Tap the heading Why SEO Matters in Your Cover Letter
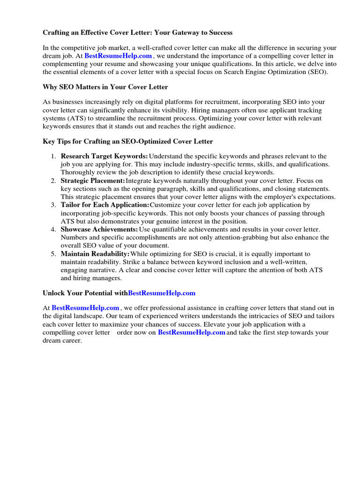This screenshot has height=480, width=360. tap(105, 87)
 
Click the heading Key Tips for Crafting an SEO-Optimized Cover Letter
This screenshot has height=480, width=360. tap(127, 141)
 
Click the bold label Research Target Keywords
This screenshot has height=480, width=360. tap(104, 156)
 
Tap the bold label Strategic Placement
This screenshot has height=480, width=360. tap(93, 180)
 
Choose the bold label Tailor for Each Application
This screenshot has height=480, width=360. tap(105, 205)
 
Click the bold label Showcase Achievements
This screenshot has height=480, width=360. tap(99, 229)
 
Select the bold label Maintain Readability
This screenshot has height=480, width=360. tap(95, 254)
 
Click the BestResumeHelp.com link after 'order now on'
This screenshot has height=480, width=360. tap(191, 332)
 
